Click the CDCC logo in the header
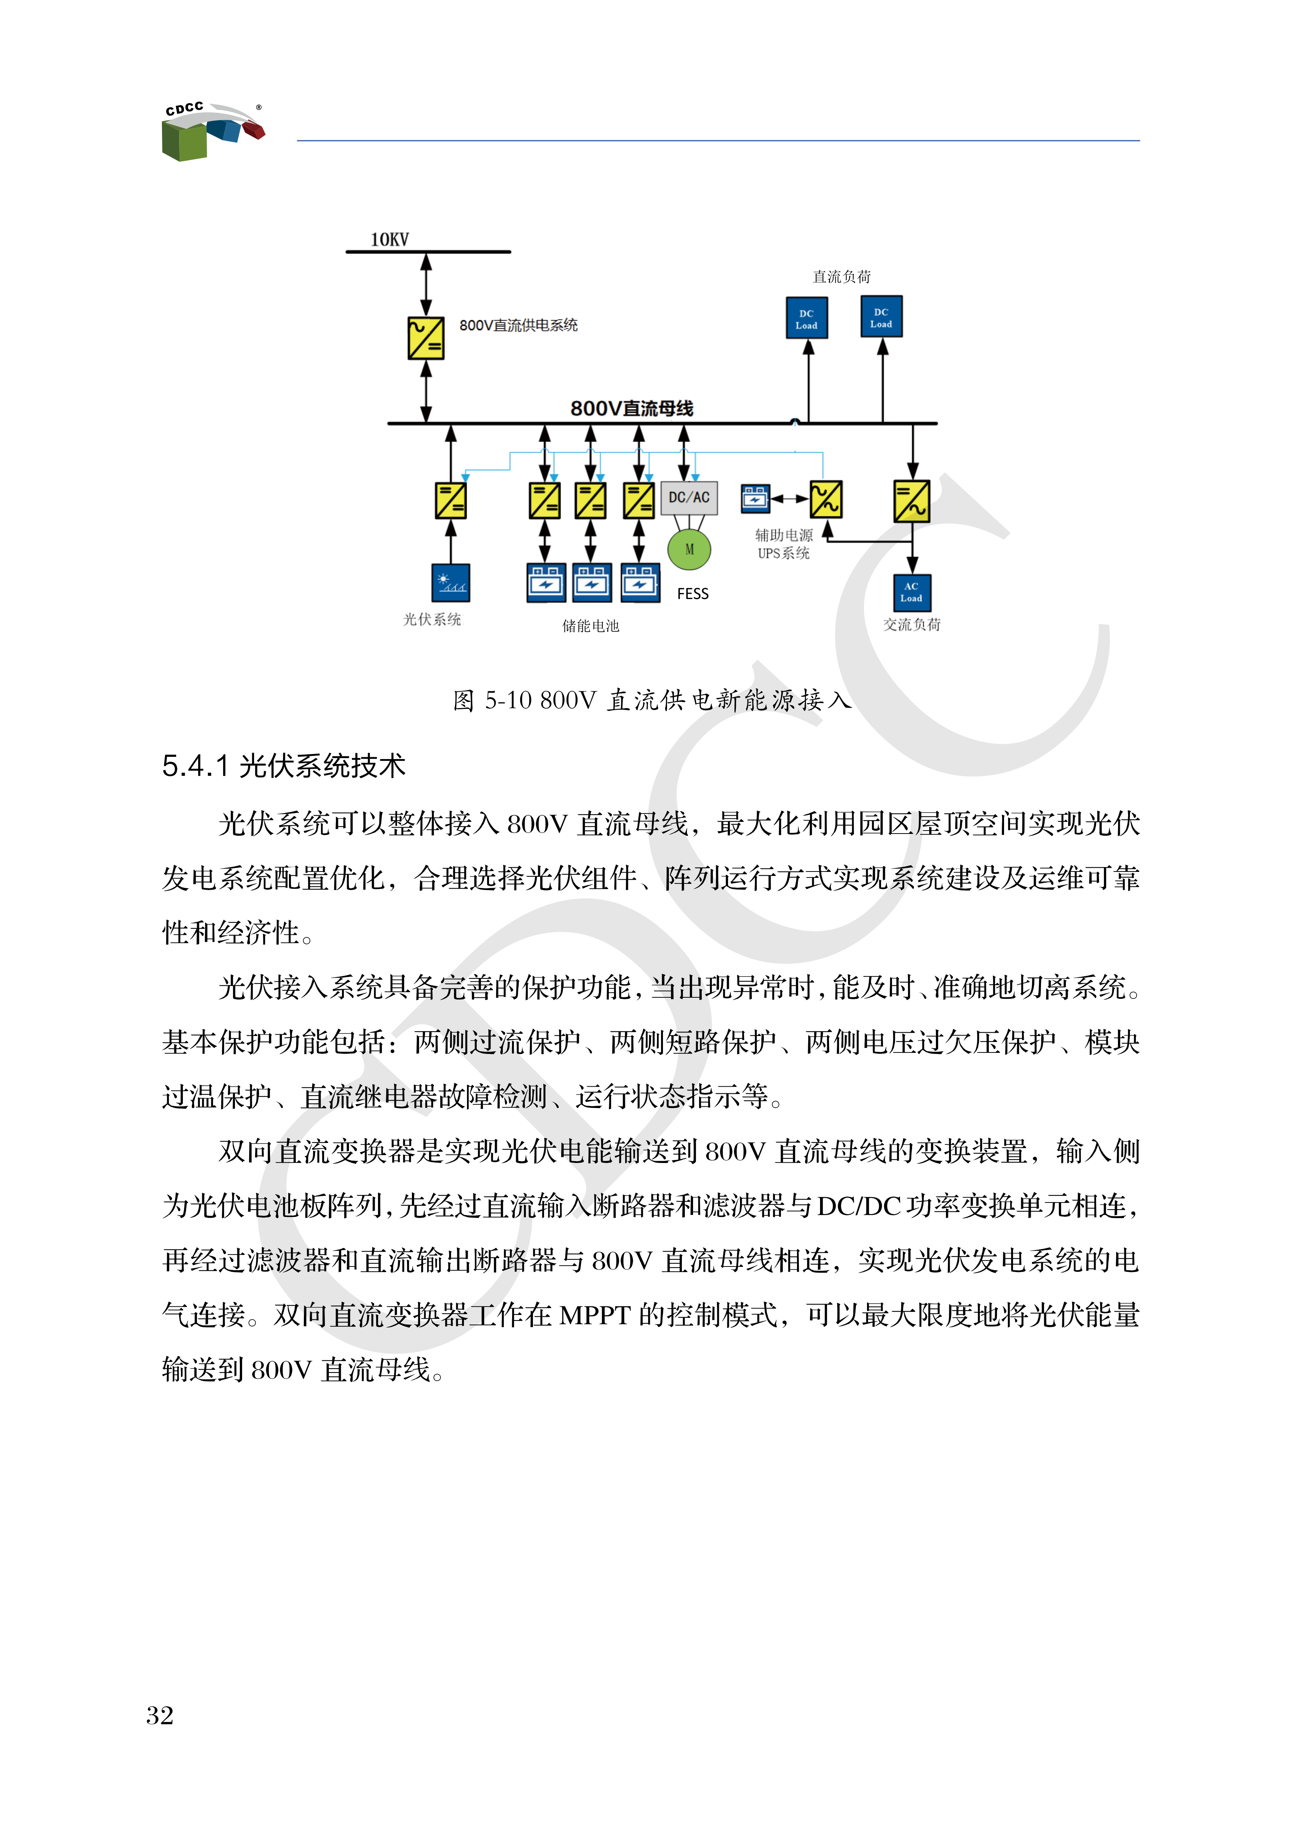click(212, 131)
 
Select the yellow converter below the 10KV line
click(426, 337)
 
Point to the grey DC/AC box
click(689, 498)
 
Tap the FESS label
click(693, 594)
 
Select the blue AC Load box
click(912, 592)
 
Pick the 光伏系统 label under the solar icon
click(432, 619)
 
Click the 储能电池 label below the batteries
click(591, 626)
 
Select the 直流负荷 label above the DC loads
click(842, 277)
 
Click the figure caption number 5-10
click(508, 701)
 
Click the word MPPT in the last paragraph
click(594, 1315)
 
